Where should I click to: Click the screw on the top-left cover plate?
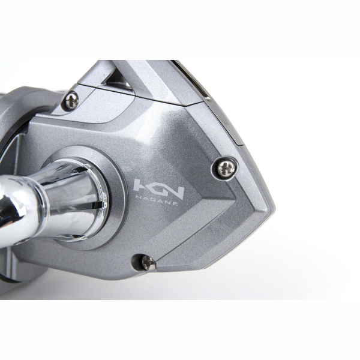coord(70,100)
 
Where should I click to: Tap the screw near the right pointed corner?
coord(226,169)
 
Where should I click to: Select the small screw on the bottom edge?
coord(148,262)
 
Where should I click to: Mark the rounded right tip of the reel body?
coord(267,207)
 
